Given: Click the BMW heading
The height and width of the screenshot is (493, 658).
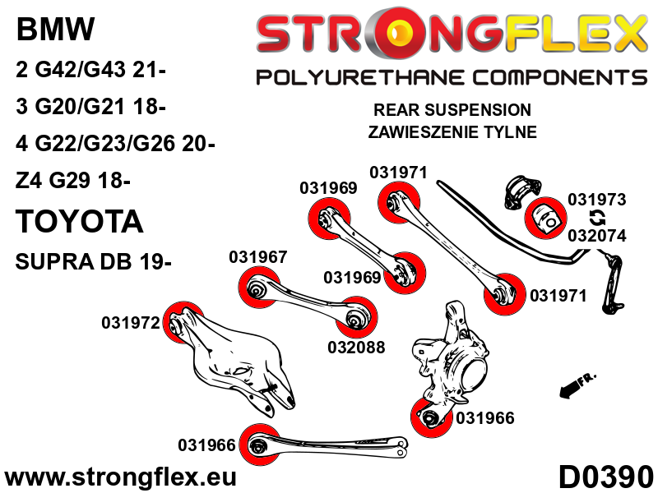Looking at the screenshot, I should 56,30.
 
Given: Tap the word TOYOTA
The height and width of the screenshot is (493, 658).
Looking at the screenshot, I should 80,221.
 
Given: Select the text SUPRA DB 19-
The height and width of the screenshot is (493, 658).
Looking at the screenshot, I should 94,262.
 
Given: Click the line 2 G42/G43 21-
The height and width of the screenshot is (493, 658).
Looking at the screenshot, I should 90,71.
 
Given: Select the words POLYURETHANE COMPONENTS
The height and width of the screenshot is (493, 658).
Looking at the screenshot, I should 451,78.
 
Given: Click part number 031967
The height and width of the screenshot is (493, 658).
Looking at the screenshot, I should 257,257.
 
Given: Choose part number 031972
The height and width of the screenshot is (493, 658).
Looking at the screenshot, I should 130,323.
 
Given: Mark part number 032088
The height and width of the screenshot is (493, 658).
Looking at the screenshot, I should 354,348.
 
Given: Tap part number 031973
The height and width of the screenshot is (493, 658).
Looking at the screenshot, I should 597,200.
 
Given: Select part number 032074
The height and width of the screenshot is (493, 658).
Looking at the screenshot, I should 597,235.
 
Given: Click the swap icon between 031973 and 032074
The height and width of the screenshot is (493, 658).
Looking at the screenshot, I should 598,218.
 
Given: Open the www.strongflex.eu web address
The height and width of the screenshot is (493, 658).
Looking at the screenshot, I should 121,477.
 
